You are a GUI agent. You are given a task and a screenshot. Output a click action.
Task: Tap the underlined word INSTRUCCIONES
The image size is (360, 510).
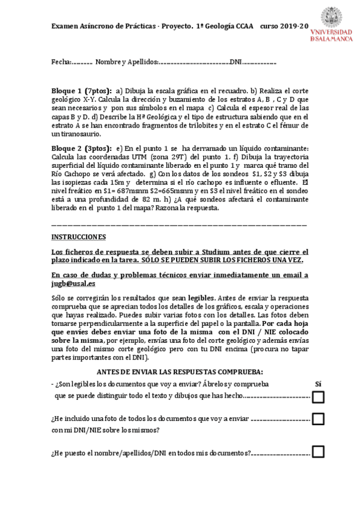tap(78, 237)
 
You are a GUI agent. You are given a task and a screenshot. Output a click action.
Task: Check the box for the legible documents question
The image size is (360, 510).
tap(318, 397)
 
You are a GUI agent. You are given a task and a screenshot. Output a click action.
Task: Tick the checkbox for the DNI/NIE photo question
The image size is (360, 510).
tap(318, 419)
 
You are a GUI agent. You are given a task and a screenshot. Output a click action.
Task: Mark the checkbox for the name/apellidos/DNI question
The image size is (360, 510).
tap(318, 452)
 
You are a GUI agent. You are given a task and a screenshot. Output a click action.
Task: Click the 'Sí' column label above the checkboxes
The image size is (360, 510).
tap(319, 383)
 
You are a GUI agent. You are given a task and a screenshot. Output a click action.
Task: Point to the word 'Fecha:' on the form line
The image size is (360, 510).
tap(61, 63)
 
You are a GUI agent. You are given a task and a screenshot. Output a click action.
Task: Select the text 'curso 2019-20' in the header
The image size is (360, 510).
tap(284, 27)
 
